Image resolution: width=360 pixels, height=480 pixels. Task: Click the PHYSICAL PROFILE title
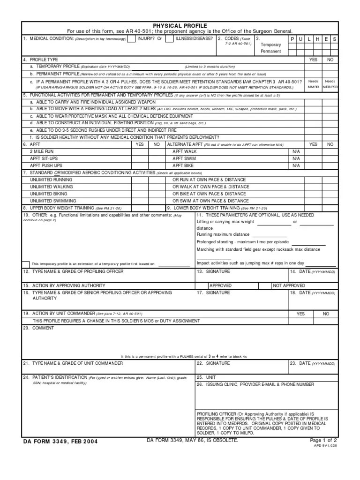[x=180, y=25]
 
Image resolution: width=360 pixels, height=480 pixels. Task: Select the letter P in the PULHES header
[x=292, y=39]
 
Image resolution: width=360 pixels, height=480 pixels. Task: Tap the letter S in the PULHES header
[x=334, y=39]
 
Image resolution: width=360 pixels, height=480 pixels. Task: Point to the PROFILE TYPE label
[x=44, y=60]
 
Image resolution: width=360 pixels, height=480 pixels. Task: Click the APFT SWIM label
[x=185, y=159]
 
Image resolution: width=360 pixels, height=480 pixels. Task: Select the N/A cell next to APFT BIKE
[x=295, y=166]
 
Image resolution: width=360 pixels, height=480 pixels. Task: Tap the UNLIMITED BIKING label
[x=48, y=194]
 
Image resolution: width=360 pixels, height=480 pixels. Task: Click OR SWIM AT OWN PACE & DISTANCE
[x=209, y=201]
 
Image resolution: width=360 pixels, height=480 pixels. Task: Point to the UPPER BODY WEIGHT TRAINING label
[x=62, y=208]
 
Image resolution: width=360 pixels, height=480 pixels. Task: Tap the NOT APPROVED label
[x=289, y=285]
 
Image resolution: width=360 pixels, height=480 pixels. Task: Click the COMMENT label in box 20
[x=43, y=328]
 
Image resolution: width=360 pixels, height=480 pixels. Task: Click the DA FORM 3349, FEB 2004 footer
[x=60, y=441]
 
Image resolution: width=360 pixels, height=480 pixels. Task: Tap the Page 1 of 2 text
[x=323, y=441]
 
